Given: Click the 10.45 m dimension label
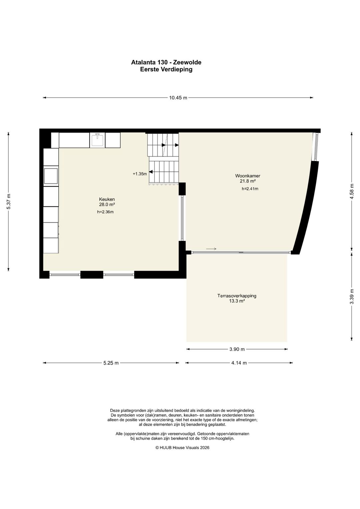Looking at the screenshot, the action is point(178,98).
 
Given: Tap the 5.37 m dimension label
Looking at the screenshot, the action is point(9,201).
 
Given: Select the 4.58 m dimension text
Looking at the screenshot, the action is point(352,191).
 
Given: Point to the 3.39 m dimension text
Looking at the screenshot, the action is point(352,296).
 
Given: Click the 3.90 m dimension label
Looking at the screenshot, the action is point(237,349).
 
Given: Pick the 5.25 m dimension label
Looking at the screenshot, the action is point(111,363).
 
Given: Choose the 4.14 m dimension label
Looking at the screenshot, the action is point(239,363).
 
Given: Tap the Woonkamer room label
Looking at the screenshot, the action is point(248,176).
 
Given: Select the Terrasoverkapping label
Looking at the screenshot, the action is point(237,296).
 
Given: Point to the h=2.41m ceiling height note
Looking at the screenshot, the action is point(250,189).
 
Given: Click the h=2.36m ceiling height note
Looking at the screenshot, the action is point(105,212).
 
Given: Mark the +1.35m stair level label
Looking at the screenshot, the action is point(140,174).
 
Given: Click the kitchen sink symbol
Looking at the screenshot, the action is point(97,140).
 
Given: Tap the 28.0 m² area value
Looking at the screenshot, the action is point(107,204).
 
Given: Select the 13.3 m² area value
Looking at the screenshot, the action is point(237,301).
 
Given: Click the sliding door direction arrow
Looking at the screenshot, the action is point(211,249).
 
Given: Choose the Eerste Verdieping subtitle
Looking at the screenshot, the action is point(166,69).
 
